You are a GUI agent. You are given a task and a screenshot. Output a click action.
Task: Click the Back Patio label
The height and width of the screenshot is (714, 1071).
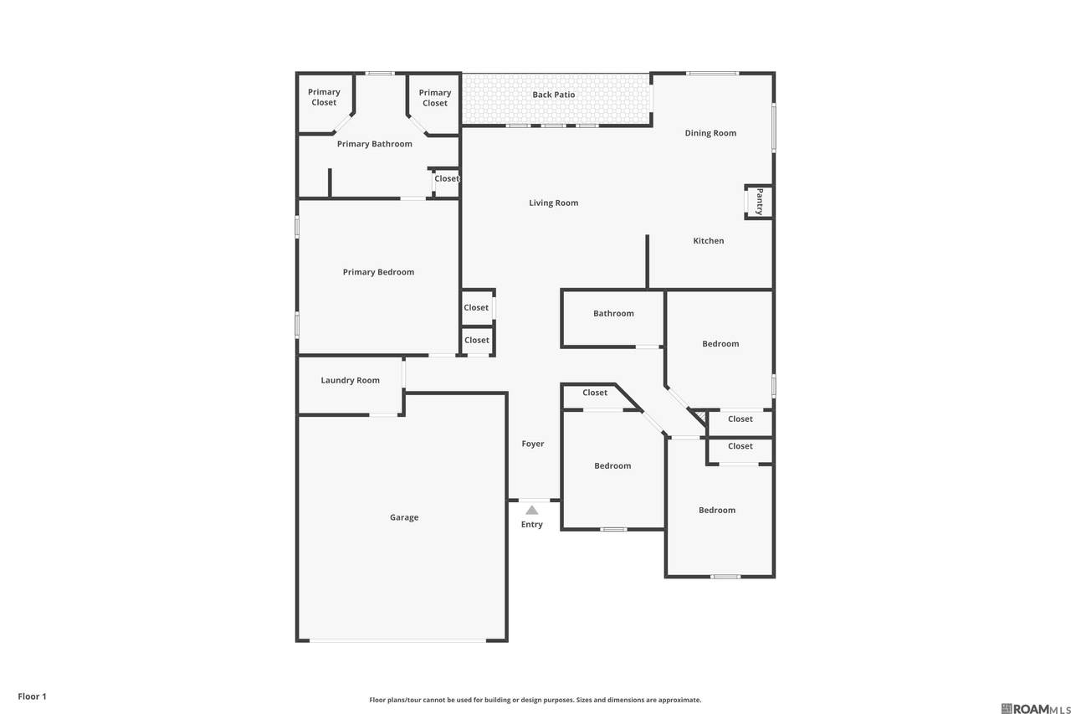point(554,95)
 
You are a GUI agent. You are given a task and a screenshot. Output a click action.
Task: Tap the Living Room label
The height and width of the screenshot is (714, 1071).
point(554,203)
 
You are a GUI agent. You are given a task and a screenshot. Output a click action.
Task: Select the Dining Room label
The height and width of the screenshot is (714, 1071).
point(710,133)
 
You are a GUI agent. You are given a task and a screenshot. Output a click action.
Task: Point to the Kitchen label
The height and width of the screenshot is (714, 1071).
point(709,240)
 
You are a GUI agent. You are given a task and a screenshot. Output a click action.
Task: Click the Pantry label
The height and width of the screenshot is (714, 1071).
point(759,202)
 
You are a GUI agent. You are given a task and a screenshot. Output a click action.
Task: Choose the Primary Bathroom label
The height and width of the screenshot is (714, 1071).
point(374,144)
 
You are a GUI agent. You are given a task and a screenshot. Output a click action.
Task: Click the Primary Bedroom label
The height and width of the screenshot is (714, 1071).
point(378,272)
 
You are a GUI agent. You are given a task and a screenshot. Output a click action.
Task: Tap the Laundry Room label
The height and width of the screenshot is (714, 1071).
point(350,380)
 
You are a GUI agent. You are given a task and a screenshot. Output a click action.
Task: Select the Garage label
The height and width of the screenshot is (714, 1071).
point(404,517)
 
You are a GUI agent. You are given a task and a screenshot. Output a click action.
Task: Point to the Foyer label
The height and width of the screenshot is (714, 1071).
point(533,444)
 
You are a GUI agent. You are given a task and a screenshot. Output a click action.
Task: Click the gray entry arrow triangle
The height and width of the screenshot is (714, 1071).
point(531,511)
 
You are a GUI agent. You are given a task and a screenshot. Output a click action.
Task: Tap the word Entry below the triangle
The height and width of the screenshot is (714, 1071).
point(531,525)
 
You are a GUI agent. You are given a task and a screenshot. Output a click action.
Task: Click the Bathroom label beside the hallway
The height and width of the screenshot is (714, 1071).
point(613,313)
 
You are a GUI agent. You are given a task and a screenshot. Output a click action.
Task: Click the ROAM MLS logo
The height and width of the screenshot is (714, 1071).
point(1035,708)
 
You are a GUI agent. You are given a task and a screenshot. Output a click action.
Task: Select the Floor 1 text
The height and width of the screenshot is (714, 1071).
point(32,696)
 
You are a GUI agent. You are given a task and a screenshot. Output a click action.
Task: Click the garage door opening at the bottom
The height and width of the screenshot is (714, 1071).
point(397,640)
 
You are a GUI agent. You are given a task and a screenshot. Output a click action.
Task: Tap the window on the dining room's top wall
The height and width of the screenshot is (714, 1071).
point(712,73)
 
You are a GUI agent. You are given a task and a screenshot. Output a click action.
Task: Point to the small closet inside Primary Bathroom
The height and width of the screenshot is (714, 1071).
point(446,182)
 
